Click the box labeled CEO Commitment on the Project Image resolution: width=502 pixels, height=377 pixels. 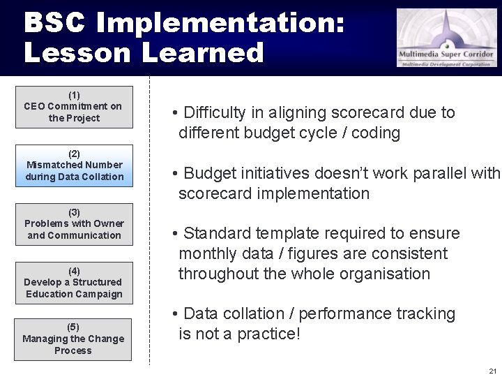[73, 107]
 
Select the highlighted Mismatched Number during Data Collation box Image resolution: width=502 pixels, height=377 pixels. [74, 165]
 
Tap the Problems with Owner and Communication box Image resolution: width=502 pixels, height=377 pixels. [74, 224]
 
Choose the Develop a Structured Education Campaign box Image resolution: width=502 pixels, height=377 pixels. [73, 283]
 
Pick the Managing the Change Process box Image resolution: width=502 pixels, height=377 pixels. [73, 339]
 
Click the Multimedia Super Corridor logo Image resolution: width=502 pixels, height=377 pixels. [447, 38]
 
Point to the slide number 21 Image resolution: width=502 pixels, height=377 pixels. [492, 371]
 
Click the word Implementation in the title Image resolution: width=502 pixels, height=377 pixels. [220, 23]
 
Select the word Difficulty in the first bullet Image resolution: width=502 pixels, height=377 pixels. [214, 113]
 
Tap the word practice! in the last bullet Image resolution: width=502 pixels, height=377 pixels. [268, 334]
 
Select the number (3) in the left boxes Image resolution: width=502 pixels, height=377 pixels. [74, 212]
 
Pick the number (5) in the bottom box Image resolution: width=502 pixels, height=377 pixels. [73, 327]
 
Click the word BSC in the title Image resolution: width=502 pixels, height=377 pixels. [54, 23]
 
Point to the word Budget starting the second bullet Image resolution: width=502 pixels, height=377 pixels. [212, 173]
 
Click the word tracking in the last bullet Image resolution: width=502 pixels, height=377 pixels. [421, 314]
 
